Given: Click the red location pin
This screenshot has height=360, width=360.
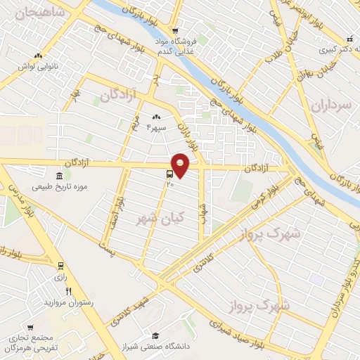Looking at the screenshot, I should coord(181,164).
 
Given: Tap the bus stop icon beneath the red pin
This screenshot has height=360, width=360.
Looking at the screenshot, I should coord(170,174).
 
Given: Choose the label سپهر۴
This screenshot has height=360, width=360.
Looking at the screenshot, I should coord(156,128).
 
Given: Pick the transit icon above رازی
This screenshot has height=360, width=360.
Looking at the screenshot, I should coord(60,266).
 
